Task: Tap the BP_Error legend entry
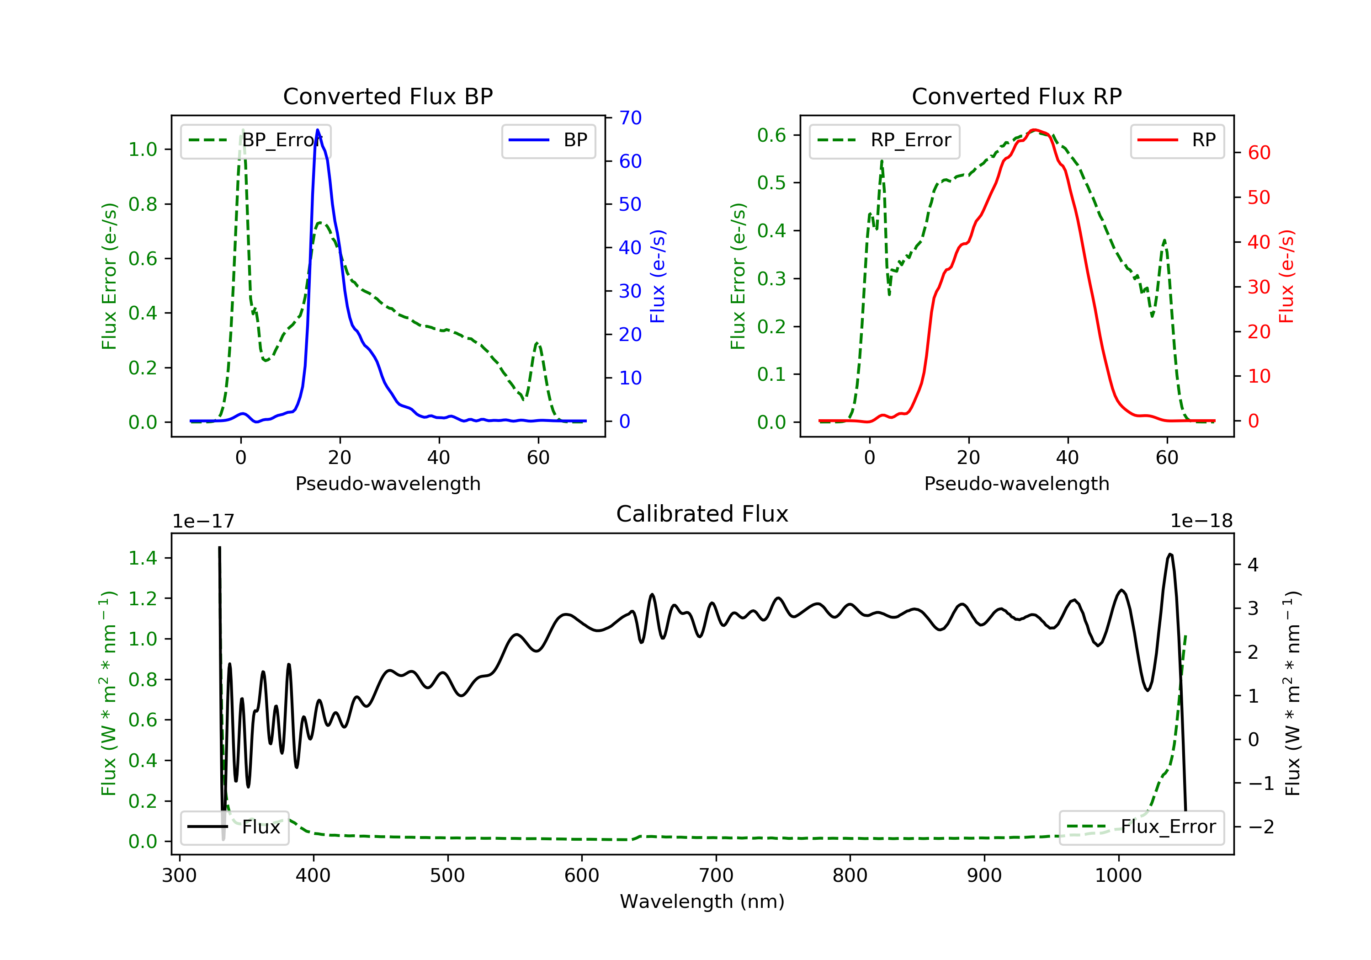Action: pos(255,141)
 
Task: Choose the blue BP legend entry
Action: pos(548,141)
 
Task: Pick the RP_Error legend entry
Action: pos(884,141)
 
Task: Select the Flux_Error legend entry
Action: pos(1141,827)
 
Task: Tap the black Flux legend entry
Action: pos(235,827)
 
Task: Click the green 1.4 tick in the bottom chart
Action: pos(143,559)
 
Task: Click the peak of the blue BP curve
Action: pos(318,130)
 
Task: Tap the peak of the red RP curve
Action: pos(1035,130)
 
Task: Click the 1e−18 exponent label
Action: pos(1201,522)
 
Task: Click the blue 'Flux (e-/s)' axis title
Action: pos(658,277)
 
